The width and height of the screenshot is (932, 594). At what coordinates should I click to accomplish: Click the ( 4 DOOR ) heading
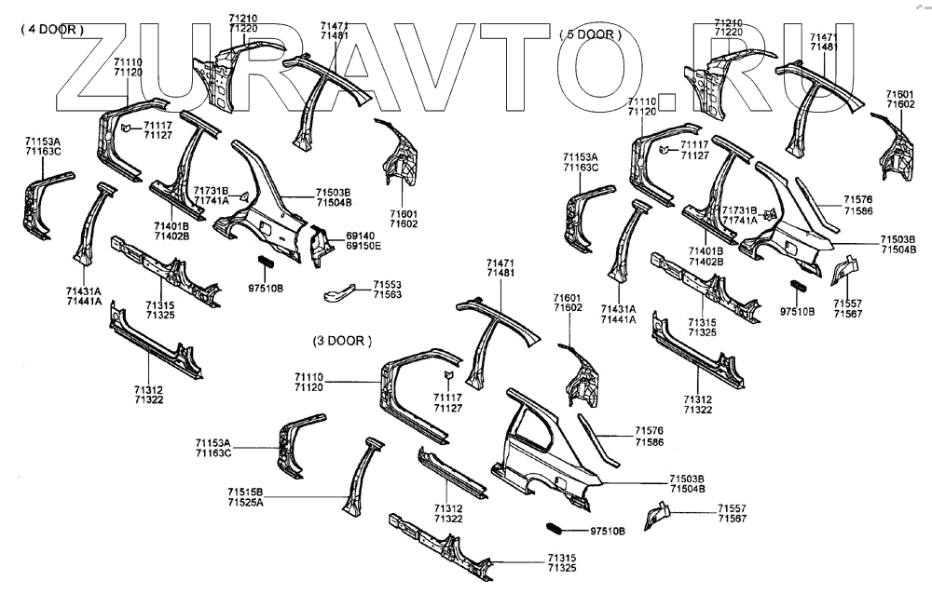coord(52,29)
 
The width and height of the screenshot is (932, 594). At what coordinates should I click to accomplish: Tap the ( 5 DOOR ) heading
coord(590,34)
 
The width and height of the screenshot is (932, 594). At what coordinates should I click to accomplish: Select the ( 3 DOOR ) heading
coord(340,341)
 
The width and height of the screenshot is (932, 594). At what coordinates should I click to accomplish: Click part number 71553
coord(388,284)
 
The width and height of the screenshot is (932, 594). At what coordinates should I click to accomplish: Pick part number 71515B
coord(245,492)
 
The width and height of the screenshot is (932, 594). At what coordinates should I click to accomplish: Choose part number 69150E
coord(364,246)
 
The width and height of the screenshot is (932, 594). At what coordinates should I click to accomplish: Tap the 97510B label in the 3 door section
coord(609,532)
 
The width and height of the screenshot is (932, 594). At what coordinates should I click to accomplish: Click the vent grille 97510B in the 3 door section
coord(555,529)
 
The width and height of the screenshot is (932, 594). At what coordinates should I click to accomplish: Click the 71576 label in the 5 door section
coord(858,199)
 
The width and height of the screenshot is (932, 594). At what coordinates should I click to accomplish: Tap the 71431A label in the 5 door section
coord(618,309)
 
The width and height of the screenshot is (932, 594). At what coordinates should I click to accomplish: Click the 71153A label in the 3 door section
coord(212,442)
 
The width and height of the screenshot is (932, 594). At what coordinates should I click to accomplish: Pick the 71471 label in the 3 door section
coord(500,264)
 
